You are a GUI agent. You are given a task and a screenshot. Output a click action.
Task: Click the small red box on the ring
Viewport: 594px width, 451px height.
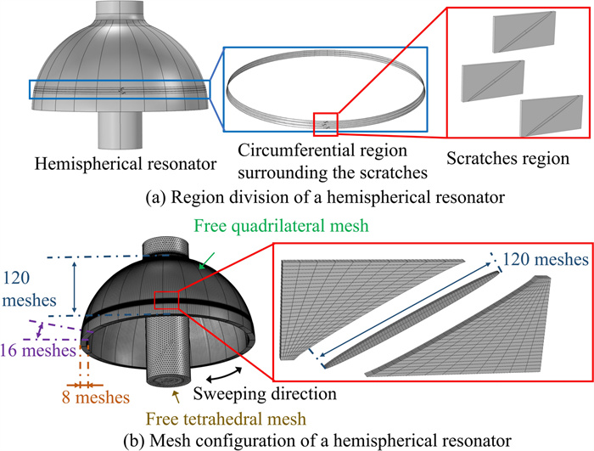326,124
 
